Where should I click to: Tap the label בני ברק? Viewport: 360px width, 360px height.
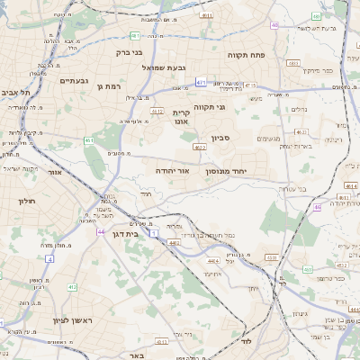(x=130, y=52)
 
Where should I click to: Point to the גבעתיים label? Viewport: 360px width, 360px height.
(x=73, y=80)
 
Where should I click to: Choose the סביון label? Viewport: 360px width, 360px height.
(x=221, y=138)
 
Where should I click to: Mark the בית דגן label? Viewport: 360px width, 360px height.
(x=123, y=233)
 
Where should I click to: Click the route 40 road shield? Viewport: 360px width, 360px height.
(x=274, y=25)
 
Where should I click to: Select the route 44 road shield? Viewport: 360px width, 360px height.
(x=101, y=231)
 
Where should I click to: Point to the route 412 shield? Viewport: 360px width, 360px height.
(x=70, y=287)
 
